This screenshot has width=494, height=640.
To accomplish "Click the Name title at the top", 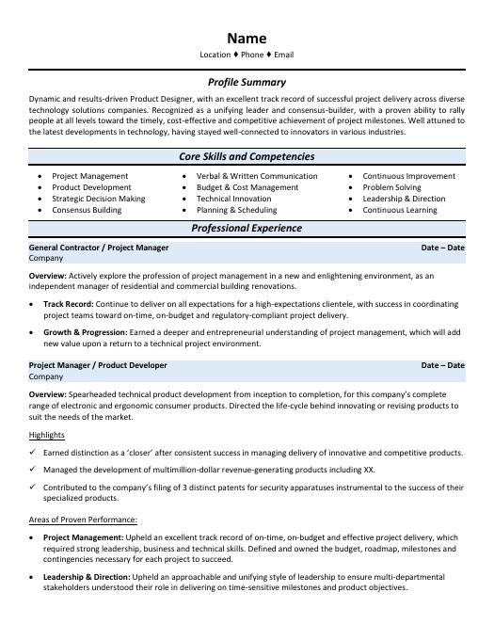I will (x=247, y=39).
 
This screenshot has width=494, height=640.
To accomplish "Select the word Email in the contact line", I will (x=283, y=56).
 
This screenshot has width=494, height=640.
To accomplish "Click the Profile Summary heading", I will (x=247, y=82).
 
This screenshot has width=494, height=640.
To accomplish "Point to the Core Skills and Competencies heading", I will (x=247, y=156).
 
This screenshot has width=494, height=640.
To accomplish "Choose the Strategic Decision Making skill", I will (x=98, y=199).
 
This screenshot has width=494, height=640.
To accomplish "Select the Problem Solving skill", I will (x=391, y=187).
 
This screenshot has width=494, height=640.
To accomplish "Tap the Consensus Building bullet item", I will (x=87, y=210).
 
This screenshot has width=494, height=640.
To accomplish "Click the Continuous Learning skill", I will (x=400, y=210).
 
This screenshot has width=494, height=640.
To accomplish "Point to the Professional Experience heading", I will (x=247, y=228).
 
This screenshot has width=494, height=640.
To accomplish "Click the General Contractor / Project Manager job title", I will (x=99, y=248).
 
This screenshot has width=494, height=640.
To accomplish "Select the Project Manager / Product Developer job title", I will (x=99, y=365).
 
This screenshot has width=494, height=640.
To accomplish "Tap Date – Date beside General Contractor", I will (x=442, y=248).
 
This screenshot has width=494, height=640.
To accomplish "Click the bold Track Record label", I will (x=68, y=305).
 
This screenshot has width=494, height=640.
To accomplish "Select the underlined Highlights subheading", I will (x=47, y=435).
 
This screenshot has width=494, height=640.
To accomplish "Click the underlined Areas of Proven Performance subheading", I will (x=83, y=520).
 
